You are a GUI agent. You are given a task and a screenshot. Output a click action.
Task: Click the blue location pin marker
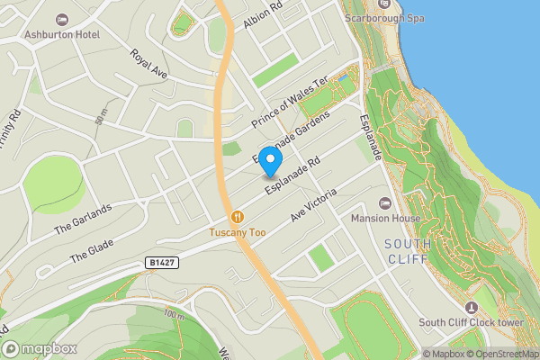270,160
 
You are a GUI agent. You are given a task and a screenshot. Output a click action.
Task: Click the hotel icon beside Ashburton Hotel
62,20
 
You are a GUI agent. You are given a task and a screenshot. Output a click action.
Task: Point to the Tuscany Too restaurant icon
238,216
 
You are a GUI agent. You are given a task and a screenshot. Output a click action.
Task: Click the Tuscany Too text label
238,232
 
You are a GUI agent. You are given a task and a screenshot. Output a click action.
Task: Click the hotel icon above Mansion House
386,203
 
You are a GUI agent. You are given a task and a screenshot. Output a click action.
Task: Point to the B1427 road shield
159,263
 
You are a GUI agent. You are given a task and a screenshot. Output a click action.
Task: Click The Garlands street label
83,219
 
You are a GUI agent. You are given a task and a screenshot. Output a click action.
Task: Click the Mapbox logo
40,348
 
